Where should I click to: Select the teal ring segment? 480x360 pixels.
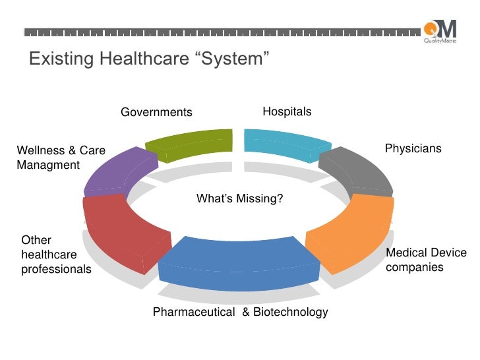286,144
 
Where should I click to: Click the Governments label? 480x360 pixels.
156,113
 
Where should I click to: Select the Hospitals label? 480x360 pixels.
287,112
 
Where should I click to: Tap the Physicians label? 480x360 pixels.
413,149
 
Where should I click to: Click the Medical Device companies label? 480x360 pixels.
425,260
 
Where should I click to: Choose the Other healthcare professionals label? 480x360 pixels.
56,255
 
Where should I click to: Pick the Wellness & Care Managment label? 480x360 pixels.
61,158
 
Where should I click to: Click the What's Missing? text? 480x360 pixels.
240,198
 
